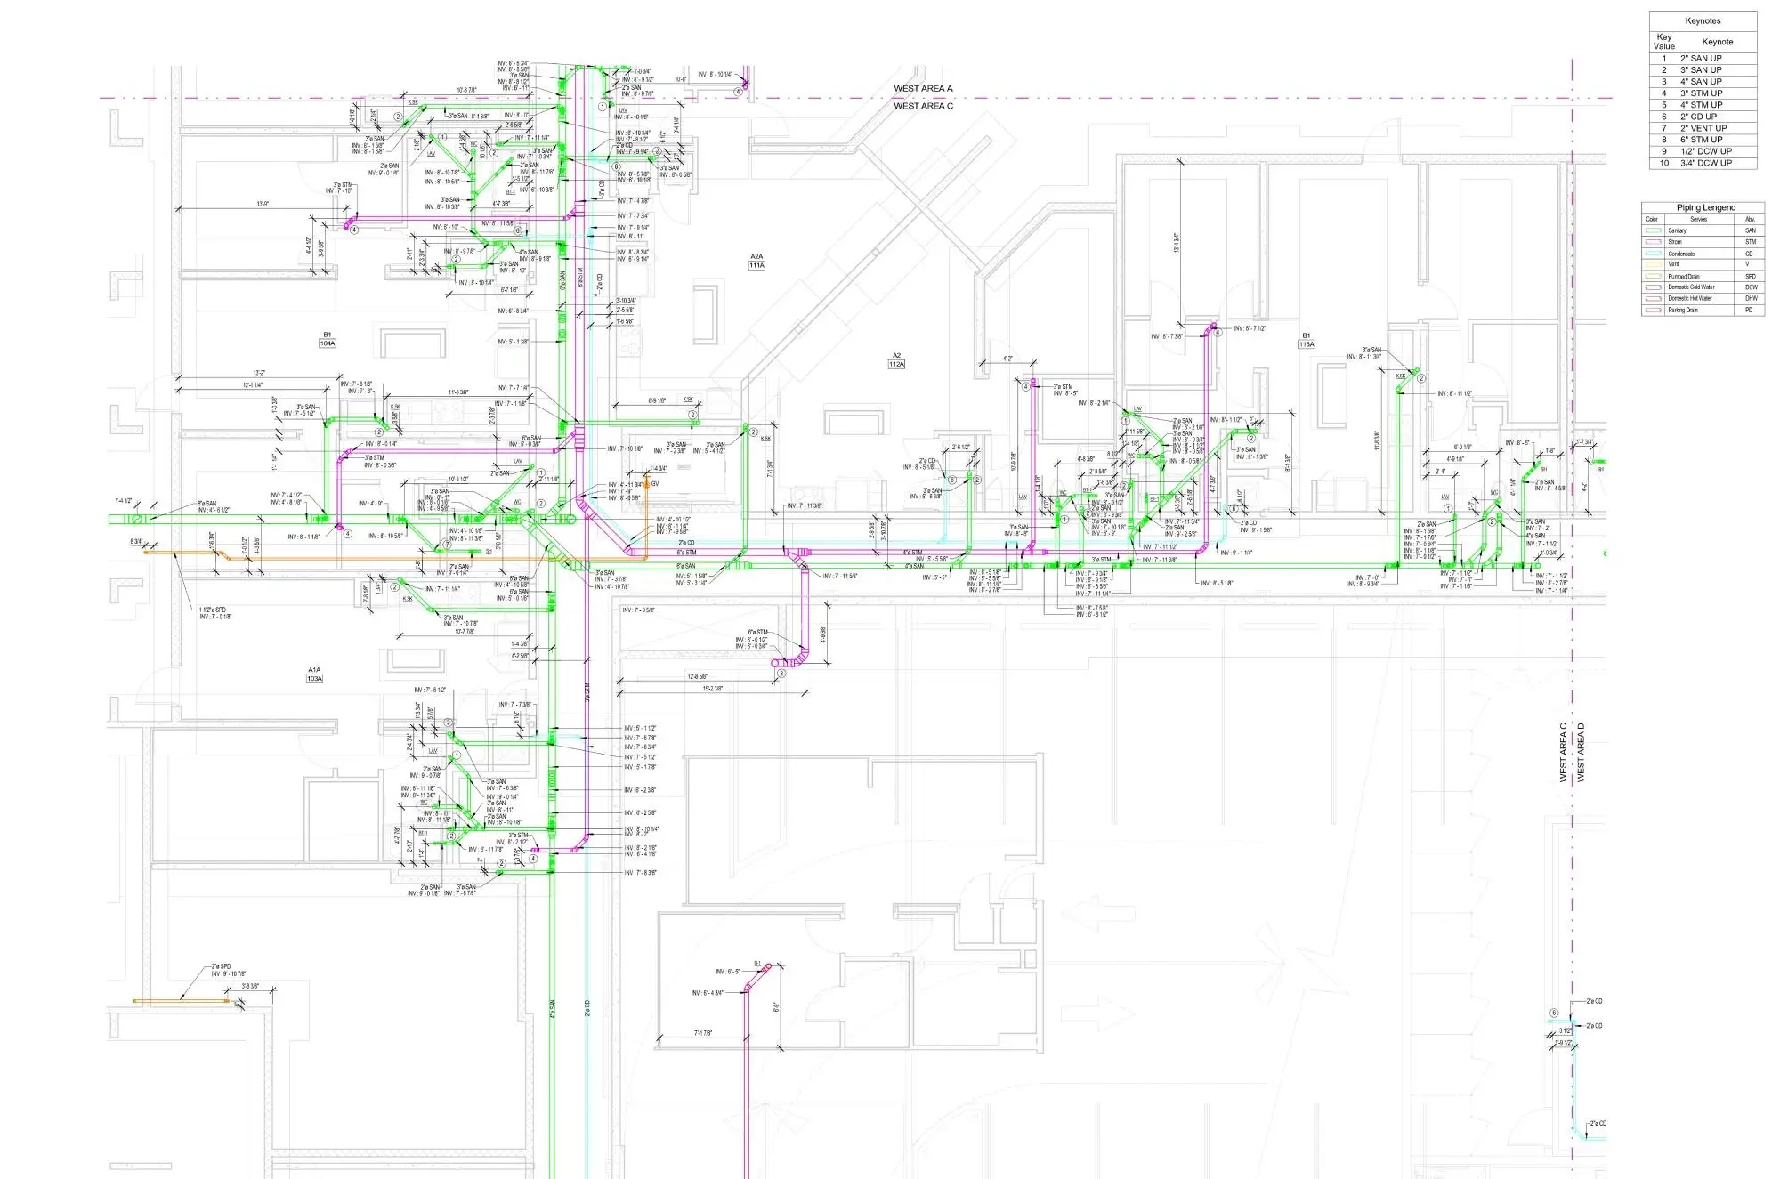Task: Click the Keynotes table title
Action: click(1703, 20)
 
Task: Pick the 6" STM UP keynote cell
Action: click(1701, 140)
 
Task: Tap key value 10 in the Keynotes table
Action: click(1664, 163)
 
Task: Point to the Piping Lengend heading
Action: click(1706, 207)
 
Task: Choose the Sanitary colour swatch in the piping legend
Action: click(1654, 230)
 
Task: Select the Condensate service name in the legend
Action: click(1681, 254)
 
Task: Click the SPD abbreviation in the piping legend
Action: click(1751, 277)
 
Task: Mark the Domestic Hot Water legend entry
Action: click(1690, 299)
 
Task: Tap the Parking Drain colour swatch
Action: click(1654, 311)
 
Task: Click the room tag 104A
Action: click(328, 343)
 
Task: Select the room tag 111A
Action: click(756, 265)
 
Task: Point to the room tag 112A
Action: click(896, 364)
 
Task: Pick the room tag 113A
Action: click(1307, 344)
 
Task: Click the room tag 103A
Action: click(314, 679)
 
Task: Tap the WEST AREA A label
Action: click(923, 89)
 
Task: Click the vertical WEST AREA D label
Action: click(1582, 753)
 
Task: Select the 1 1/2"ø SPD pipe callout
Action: click(214, 610)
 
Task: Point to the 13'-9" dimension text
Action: click(263, 204)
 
